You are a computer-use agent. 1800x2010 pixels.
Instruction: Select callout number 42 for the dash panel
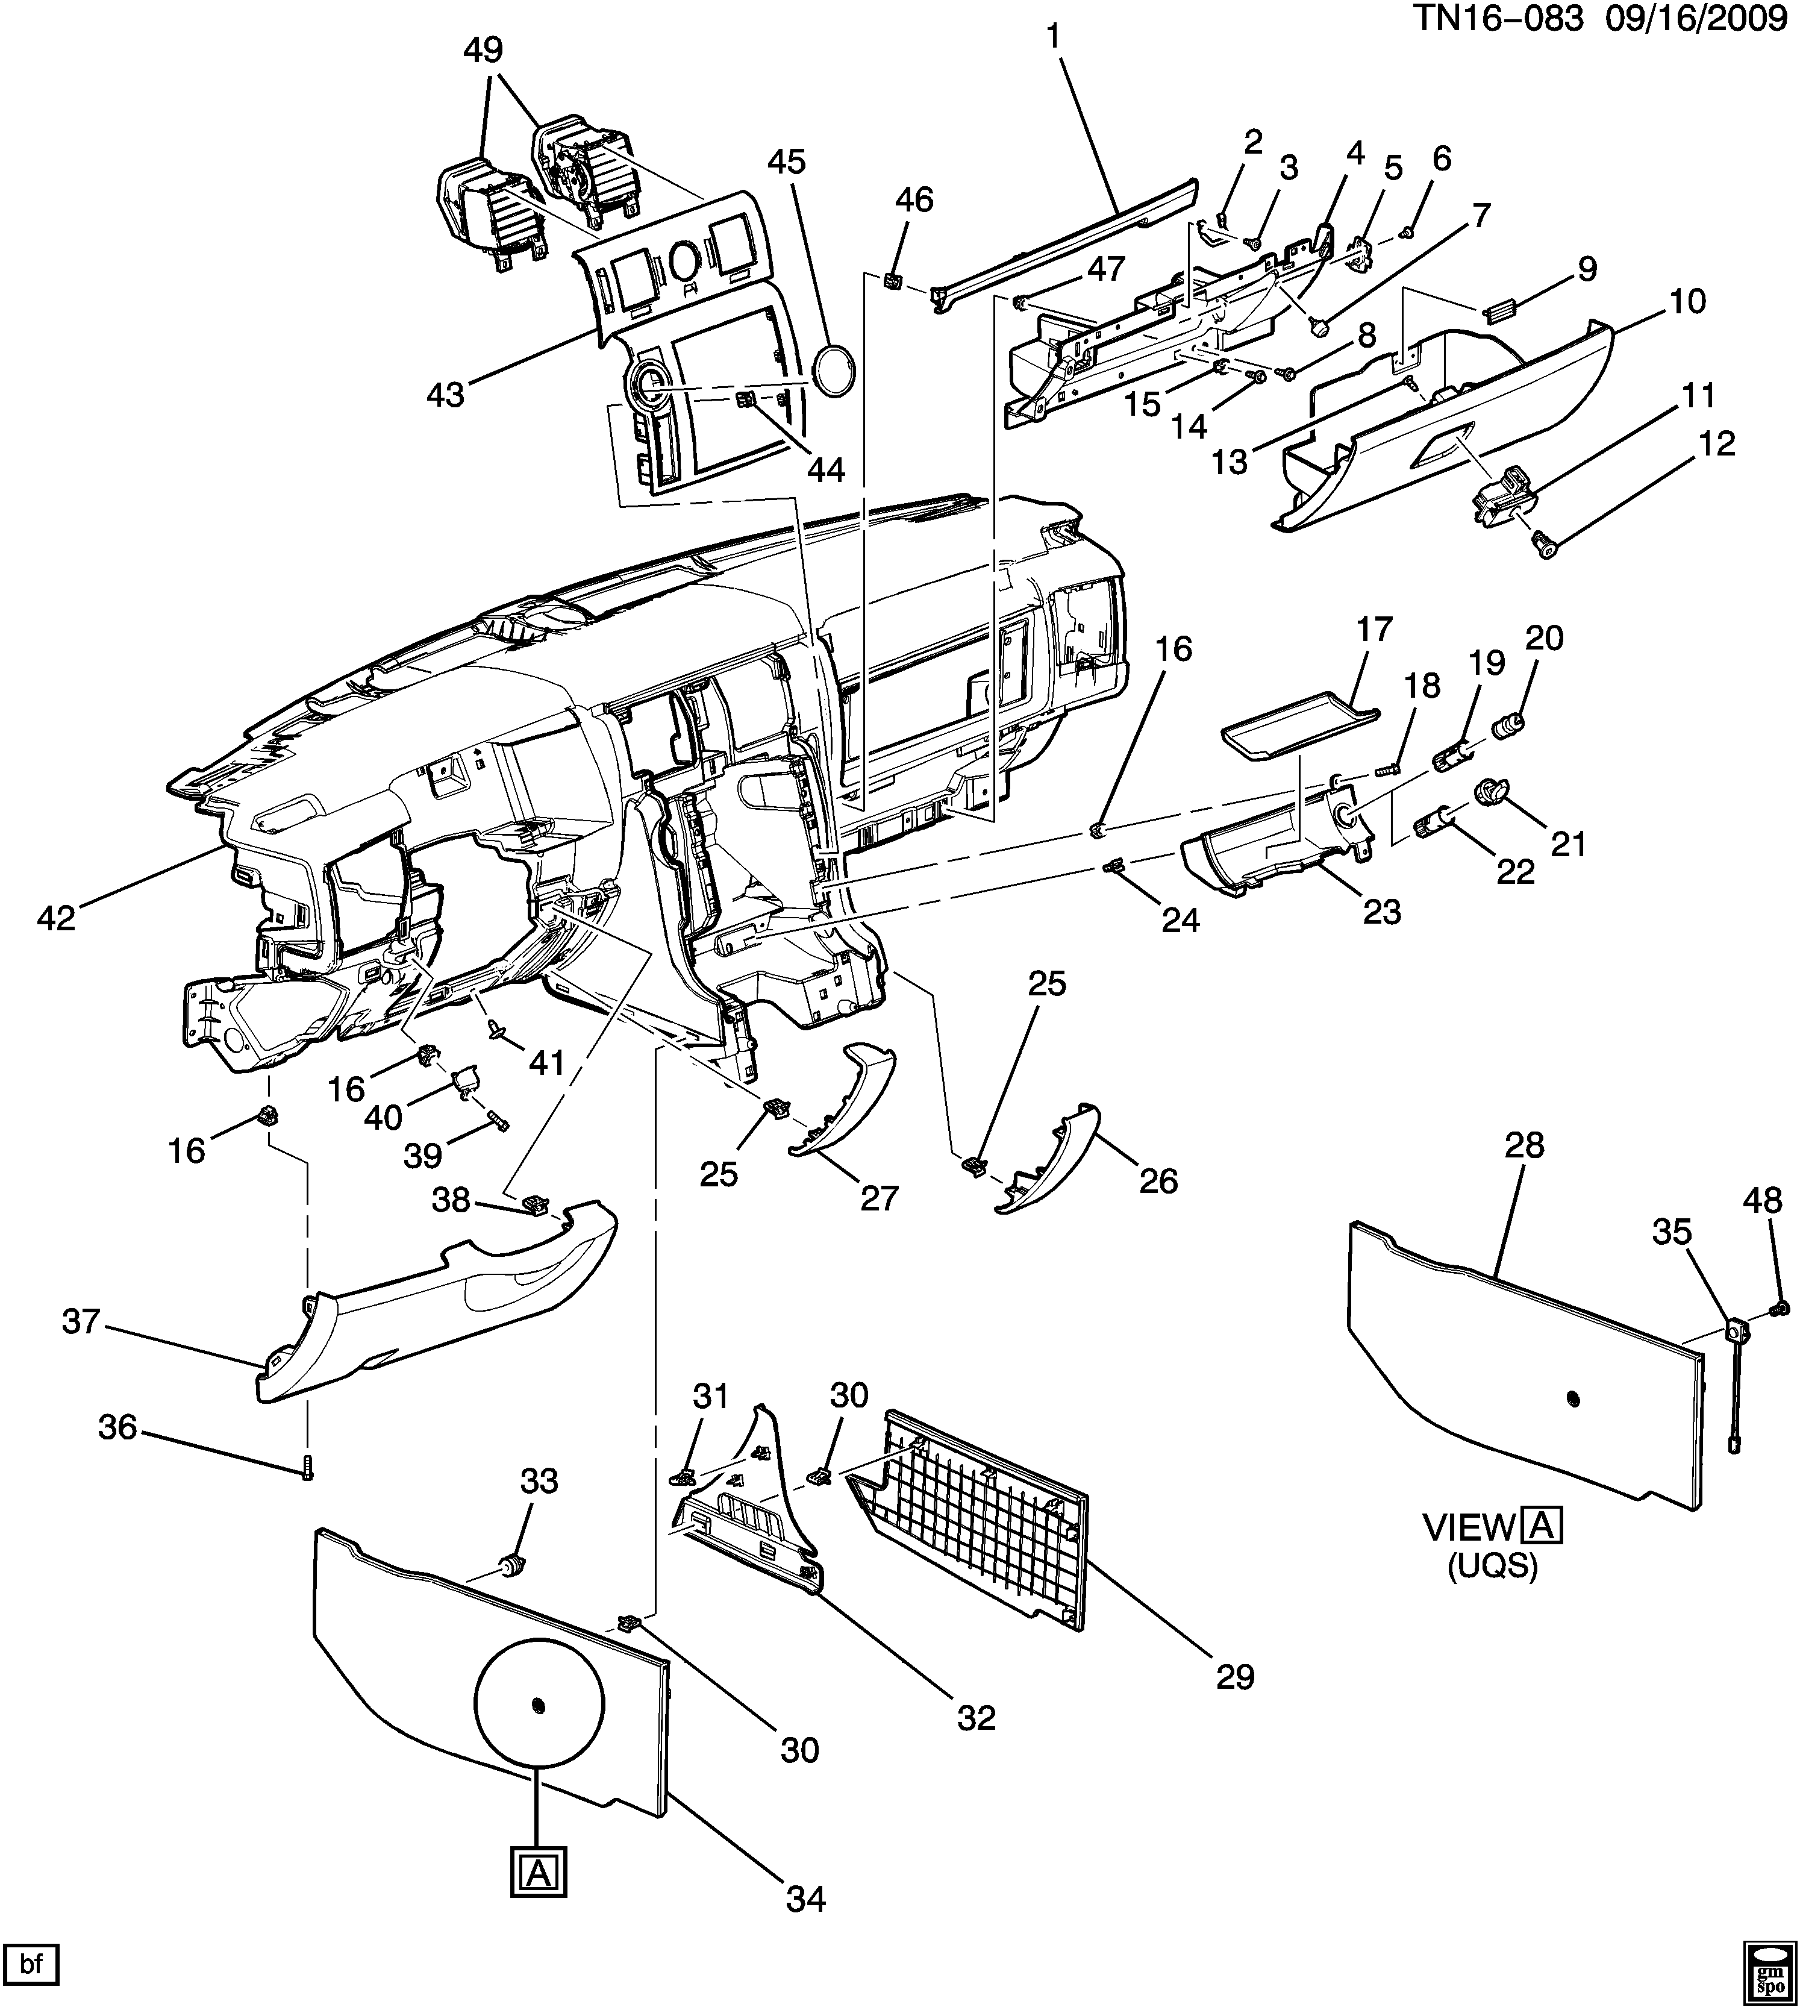coord(57,919)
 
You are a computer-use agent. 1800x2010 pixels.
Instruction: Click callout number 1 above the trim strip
coord(1052,37)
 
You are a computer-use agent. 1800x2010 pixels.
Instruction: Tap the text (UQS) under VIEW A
coord(1492,1594)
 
